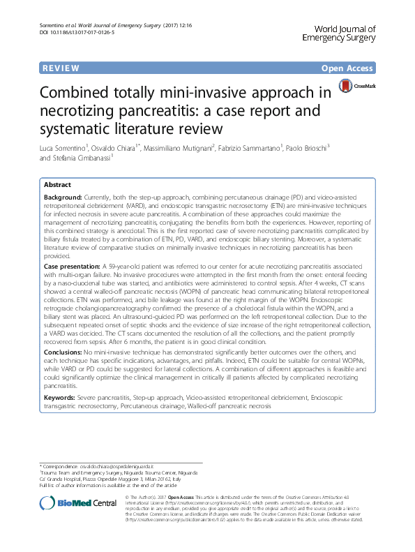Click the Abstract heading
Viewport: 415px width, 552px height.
(57, 186)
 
